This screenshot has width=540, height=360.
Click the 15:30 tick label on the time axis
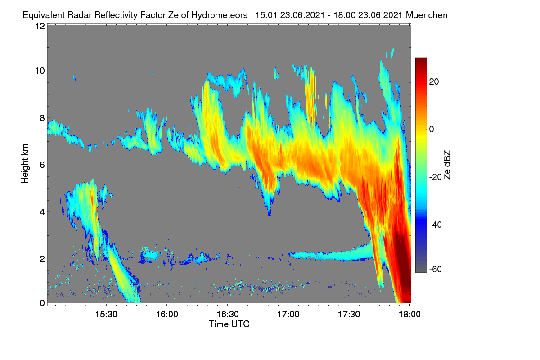(x=106, y=315)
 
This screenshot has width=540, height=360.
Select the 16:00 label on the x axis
(x=167, y=315)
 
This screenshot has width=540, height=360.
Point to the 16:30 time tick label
(x=228, y=315)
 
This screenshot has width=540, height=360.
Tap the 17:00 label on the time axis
(x=288, y=315)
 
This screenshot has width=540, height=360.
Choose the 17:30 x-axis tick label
(x=349, y=315)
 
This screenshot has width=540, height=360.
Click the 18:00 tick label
(x=409, y=315)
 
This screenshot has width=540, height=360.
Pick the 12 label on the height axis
(x=40, y=26)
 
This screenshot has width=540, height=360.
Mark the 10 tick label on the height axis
(x=40, y=71)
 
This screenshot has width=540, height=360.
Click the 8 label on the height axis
(x=42, y=118)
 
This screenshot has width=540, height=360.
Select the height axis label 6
(x=42, y=165)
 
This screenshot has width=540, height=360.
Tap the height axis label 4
(x=42, y=212)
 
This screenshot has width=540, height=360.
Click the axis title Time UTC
(x=229, y=324)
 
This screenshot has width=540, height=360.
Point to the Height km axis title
(x=25, y=164)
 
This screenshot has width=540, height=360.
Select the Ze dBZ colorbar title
(x=447, y=165)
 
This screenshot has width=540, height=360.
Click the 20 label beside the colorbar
(x=434, y=82)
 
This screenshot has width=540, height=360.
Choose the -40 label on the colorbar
(x=436, y=225)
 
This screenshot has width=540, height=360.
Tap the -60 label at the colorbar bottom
(x=436, y=270)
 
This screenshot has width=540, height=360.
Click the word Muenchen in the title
(x=427, y=15)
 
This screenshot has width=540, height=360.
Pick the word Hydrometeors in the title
(x=219, y=15)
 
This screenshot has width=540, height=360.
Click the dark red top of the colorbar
(x=421, y=60)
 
